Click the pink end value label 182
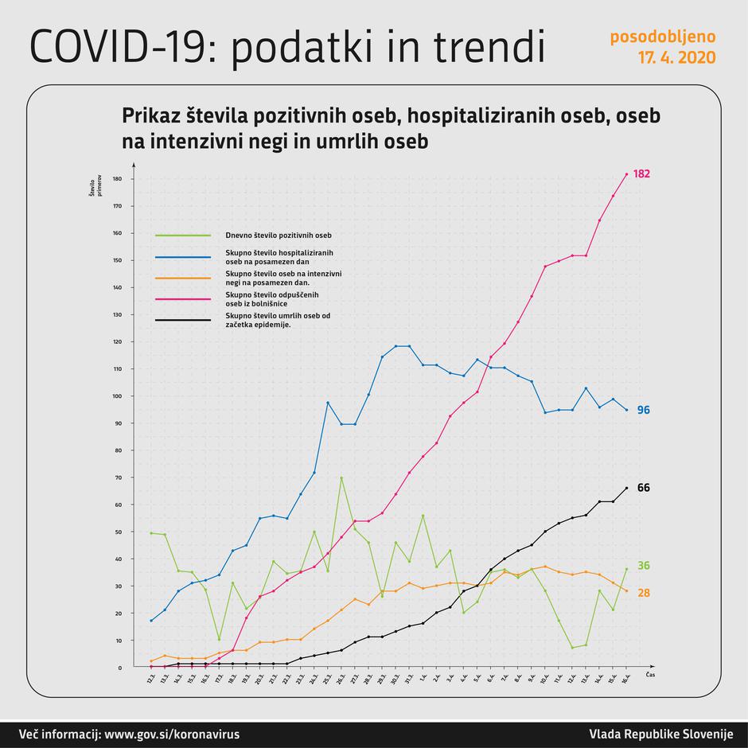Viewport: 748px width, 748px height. (x=643, y=173)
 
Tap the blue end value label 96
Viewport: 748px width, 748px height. (x=643, y=410)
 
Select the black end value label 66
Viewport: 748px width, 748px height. (x=643, y=487)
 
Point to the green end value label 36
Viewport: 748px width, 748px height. (x=643, y=566)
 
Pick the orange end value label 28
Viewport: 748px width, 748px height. (x=643, y=593)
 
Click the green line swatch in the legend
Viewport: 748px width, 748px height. (x=183, y=236)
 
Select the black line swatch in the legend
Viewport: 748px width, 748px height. (x=183, y=321)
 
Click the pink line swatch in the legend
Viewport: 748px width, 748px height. (x=183, y=299)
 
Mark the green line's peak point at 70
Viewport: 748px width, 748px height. (x=341, y=477)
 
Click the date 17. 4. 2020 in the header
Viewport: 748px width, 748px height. (x=676, y=58)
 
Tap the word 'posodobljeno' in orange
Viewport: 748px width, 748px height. (x=662, y=37)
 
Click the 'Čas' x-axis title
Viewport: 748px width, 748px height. (x=650, y=674)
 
